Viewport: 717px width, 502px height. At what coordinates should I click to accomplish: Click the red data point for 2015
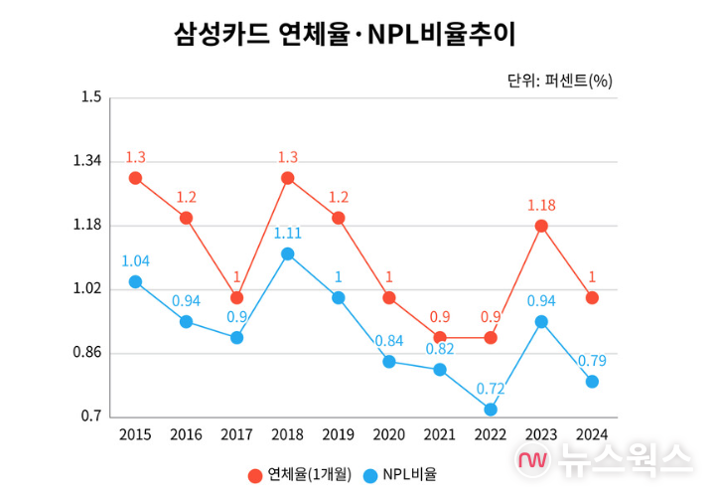(135, 178)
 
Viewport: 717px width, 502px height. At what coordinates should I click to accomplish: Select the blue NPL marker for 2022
(491, 409)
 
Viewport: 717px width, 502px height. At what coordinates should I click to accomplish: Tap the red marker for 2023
(541, 226)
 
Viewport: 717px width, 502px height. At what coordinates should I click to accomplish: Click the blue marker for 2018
(287, 253)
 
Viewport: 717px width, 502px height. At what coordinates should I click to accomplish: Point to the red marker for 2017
(236, 297)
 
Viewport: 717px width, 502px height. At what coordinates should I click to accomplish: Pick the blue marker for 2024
(592, 381)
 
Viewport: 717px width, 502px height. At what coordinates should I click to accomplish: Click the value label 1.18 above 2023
(541, 205)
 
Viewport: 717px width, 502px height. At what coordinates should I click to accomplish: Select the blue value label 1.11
(287, 233)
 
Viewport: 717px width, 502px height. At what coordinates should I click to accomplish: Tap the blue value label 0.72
(491, 388)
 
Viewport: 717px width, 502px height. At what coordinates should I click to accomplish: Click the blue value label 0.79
(592, 360)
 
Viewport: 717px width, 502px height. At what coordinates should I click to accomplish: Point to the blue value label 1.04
(135, 260)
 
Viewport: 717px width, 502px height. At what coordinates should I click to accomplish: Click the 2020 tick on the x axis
(388, 434)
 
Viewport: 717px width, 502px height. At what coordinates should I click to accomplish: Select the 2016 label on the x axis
(186, 434)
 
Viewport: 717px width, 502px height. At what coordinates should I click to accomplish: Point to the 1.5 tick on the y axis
(92, 97)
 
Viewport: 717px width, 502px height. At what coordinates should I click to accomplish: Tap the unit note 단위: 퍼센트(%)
(559, 81)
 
